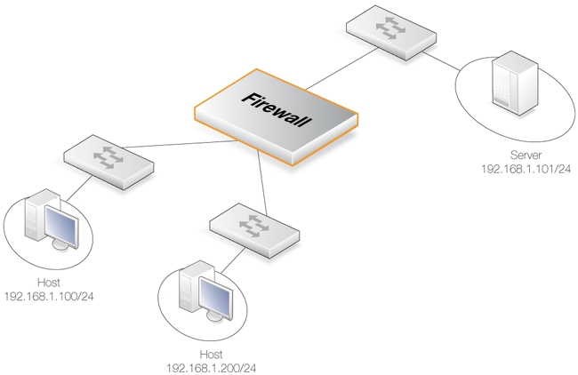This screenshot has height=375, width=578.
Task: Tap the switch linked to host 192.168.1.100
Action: pos(108,161)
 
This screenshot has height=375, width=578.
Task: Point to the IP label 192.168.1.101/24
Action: pos(526,167)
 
